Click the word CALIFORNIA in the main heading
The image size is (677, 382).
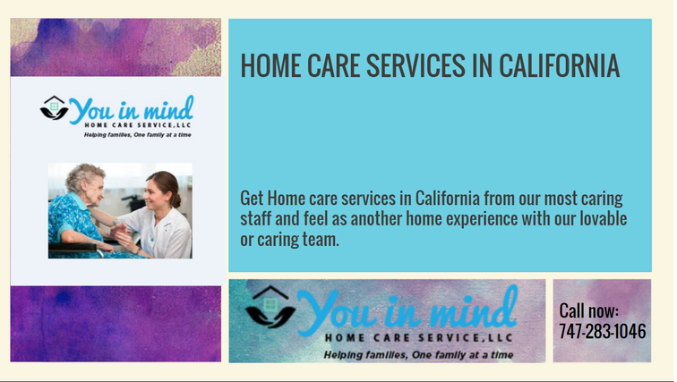click(x=559, y=66)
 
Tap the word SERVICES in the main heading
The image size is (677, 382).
click(x=416, y=66)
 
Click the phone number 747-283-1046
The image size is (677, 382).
click(x=603, y=332)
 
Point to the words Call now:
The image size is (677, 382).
click(x=588, y=310)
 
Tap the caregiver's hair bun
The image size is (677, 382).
click(x=176, y=200)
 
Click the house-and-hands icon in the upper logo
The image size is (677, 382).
click(x=54, y=107)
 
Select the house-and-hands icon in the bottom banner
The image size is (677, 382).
click(x=270, y=307)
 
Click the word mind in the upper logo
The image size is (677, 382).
click(x=168, y=108)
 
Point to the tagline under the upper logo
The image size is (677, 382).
click(x=137, y=135)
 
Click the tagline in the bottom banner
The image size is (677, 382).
click(x=418, y=355)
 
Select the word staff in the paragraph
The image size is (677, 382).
click(x=254, y=218)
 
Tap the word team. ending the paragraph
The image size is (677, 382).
click(x=321, y=240)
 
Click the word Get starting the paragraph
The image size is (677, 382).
click(x=252, y=199)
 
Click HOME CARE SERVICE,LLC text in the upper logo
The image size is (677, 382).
click(x=138, y=125)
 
